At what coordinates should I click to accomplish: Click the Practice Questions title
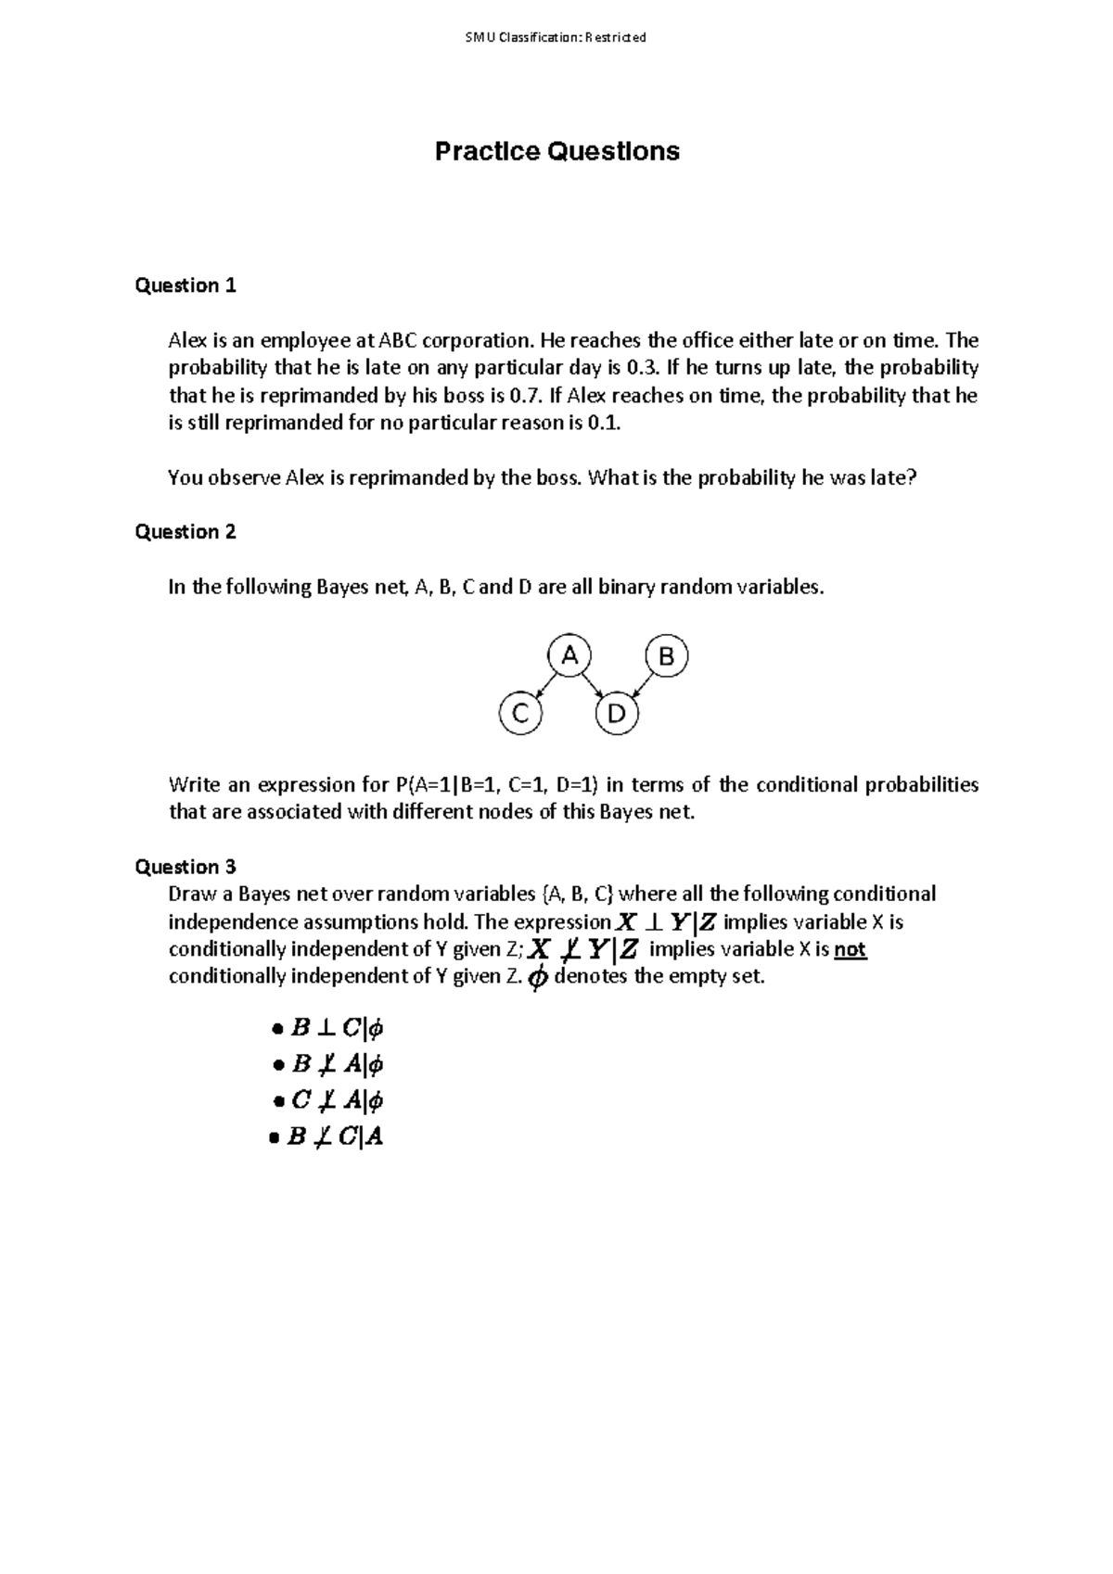[556, 151]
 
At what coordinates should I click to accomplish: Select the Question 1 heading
[185, 286]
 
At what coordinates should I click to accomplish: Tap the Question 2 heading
[185, 532]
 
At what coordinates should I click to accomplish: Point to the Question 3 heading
[185, 867]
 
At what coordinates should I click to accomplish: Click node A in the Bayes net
[569, 656]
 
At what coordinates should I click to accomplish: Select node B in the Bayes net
[666, 657]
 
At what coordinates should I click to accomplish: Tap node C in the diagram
[520, 714]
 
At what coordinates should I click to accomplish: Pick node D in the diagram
[617, 715]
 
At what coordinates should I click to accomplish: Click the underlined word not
[850, 949]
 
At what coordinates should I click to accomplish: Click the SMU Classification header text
[556, 38]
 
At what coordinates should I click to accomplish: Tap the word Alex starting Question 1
[187, 341]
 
